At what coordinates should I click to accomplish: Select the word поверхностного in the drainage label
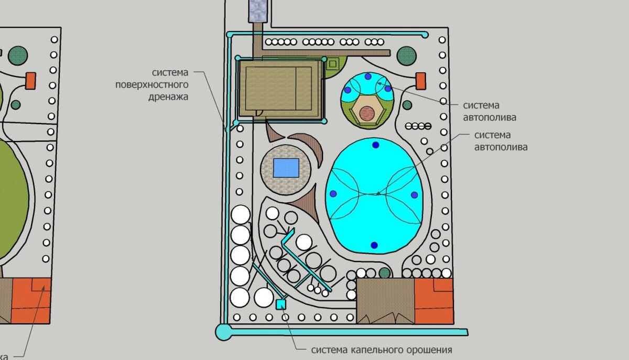point(151,84)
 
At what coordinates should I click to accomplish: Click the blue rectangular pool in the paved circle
point(286,168)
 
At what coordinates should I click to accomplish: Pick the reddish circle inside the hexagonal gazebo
point(367,112)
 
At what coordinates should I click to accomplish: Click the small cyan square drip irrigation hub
point(280,303)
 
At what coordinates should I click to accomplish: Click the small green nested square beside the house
point(332,65)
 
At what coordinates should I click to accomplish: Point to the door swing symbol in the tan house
point(258,112)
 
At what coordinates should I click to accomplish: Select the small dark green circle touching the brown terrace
point(385,273)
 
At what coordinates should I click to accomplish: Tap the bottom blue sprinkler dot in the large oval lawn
point(374,245)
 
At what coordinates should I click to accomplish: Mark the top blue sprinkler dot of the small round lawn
point(368,76)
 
